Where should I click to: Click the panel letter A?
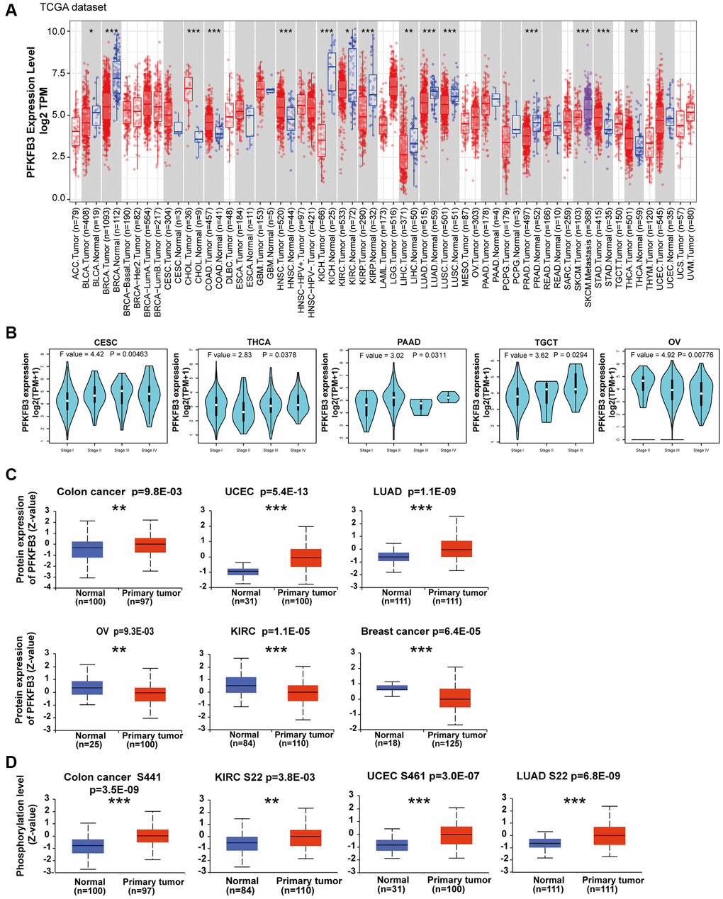(x=11, y=12)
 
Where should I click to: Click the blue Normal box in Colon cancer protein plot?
(x=87, y=550)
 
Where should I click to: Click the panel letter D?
(x=11, y=762)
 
